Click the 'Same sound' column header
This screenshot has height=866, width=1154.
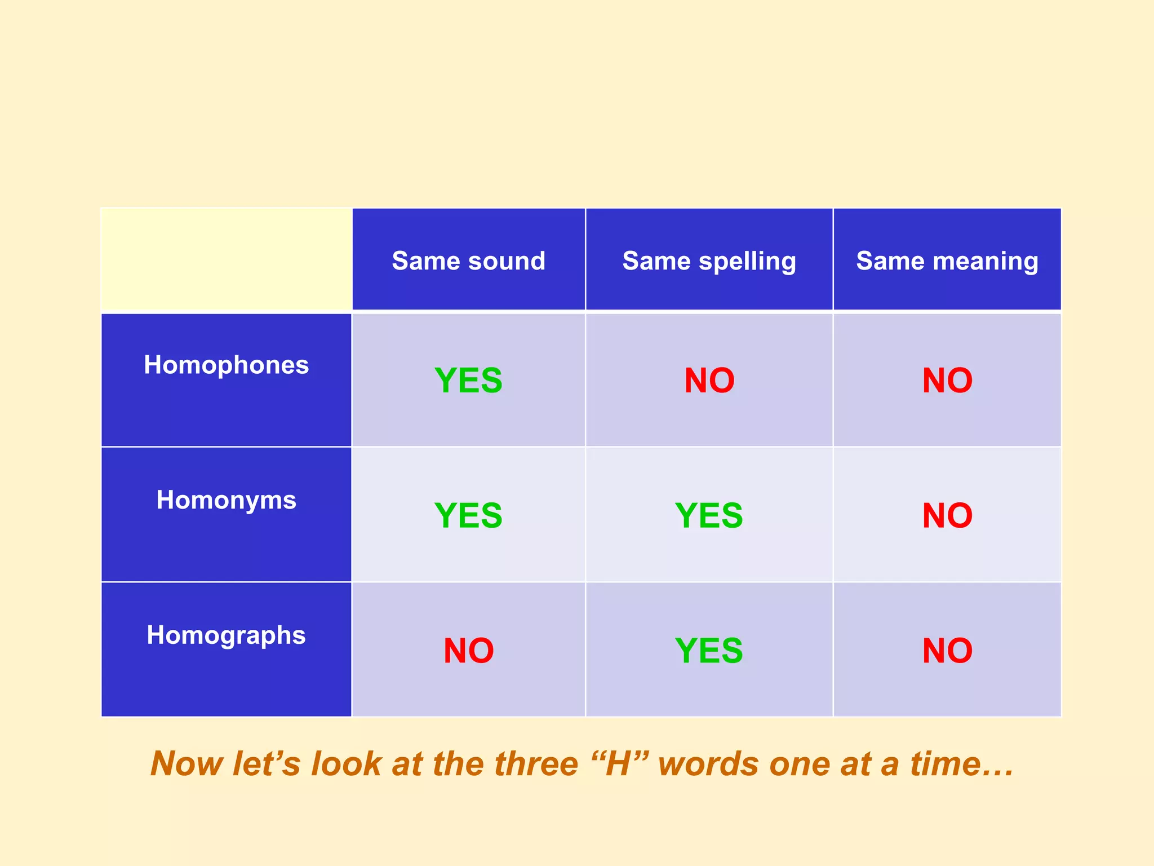[x=468, y=261]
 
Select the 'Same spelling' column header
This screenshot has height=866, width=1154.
[x=709, y=261]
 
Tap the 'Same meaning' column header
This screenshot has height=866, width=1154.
[x=947, y=261]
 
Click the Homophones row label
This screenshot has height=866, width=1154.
[x=226, y=365]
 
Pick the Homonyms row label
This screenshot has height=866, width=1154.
[x=226, y=500]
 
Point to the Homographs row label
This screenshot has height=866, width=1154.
[x=226, y=635]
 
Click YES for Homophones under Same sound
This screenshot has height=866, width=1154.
[x=468, y=381]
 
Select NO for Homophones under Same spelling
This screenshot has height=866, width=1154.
[x=709, y=381]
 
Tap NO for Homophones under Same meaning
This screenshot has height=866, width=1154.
[x=947, y=381]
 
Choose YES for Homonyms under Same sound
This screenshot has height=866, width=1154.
[x=468, y=515]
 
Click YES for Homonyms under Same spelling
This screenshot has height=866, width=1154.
[x=709, y=515]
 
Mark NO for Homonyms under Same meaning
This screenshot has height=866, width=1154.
[x=947, y=515]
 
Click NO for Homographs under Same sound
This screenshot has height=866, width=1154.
[x=468, y=651]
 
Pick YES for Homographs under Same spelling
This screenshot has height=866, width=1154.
[x=709, y=651]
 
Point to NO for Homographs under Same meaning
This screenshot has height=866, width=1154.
[x=947, y=651]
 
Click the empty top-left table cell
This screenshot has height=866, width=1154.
[x=226, y=259]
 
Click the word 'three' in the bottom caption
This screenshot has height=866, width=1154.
[x=536, y=765]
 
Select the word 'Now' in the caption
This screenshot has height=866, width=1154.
[x=187, y=765]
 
